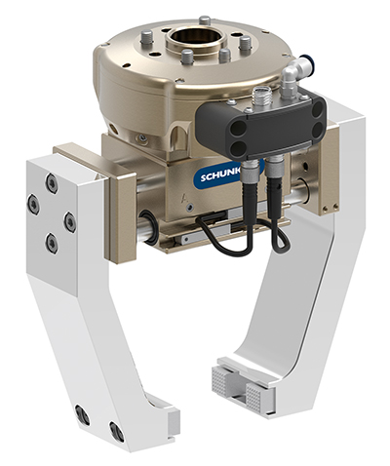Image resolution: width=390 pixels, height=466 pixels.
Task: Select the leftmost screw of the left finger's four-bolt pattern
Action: (33, 205)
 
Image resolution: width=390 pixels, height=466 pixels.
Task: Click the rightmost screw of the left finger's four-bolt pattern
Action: (70, 221)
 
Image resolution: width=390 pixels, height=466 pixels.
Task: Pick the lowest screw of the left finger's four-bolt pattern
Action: (51, 242)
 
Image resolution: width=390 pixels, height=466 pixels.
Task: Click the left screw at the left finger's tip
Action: (83, 415)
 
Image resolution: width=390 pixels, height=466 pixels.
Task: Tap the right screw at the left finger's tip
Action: (116, 431)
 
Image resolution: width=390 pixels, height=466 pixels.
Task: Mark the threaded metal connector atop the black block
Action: (260, 95)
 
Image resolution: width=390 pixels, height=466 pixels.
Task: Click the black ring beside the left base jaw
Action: (146, 226)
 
